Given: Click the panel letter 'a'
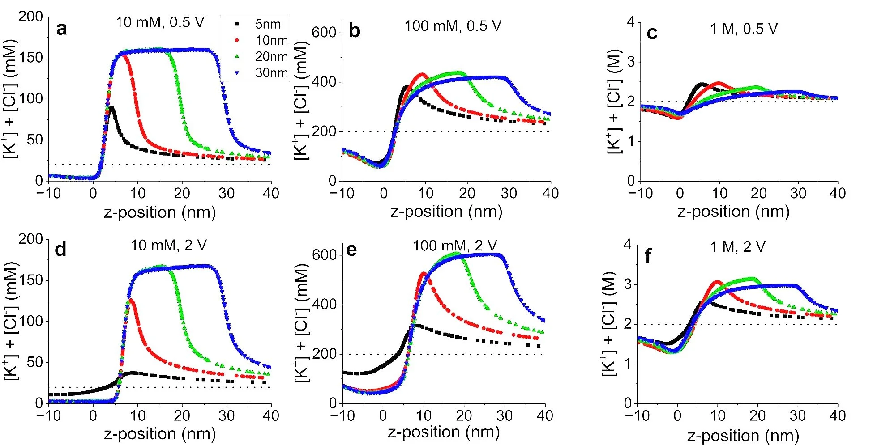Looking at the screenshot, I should click(61, 29).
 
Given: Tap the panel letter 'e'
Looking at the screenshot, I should click(351, 250).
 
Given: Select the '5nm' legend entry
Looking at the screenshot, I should click(268, 24).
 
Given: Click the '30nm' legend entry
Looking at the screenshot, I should click(271, 72).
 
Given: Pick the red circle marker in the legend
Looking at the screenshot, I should click(237, 40).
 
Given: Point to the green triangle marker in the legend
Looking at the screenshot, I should click(237, 56).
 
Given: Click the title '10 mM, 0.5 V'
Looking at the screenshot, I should click(160, 22).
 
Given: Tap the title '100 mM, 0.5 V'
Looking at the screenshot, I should click(453, 26).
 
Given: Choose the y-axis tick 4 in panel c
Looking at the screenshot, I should click(631, 22).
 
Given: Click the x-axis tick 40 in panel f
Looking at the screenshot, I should click(837, 416).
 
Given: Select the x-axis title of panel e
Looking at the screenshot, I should click(444, 432).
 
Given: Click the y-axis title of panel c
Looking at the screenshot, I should click(614, 101).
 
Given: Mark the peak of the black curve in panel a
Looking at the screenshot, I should click(110, 107).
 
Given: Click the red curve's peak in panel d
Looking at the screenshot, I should click(130, 300).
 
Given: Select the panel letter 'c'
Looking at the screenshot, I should click(652, 34).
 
